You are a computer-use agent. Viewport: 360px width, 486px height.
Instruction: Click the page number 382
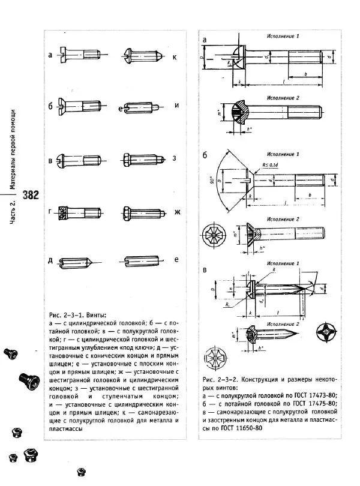(x=30, y=195)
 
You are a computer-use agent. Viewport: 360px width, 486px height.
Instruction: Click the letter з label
(x=175, y=159)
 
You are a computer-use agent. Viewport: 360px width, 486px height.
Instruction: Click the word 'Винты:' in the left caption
(x=95, y=315)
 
